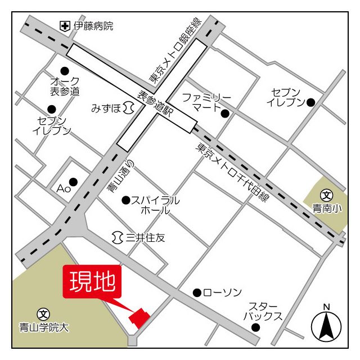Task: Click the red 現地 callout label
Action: click(x=92, y=282)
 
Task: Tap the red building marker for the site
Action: click(x=139, y=317)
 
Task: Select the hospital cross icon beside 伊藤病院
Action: click(x=65, y=26)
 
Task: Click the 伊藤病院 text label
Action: click(x=94, y=26)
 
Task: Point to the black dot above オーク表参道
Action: click(x=65, y=71)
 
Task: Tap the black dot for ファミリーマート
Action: click(x=225, y=114)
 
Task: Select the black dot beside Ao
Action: click(x=73, y=181)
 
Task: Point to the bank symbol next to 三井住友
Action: click(x=117, y=237)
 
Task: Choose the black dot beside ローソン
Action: click(x=197, y=292)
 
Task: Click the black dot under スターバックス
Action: click(x=256, y=327)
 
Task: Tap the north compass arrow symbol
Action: click(x=327, y=326)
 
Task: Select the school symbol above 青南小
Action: click(x=327, y=195)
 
